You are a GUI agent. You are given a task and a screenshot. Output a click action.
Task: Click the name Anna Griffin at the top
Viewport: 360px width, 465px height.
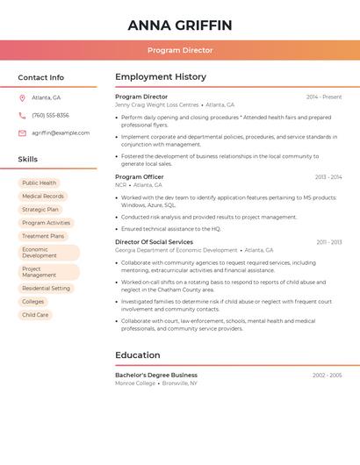(180, 25)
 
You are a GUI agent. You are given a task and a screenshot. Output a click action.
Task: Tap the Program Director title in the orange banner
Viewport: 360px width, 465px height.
(180, 50)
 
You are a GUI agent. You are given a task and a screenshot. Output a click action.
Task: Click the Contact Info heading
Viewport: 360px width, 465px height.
(40, 77)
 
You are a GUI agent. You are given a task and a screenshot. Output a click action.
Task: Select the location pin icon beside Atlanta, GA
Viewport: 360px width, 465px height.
(22, 98)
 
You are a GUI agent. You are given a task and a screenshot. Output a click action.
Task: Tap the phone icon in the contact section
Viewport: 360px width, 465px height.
(22, 116)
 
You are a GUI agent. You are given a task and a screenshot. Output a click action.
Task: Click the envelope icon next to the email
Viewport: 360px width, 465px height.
(22, 133)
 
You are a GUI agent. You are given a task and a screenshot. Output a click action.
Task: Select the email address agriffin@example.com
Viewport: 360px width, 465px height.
(61, 133)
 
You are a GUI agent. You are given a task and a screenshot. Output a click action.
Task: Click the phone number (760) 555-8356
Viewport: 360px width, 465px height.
(50, 116)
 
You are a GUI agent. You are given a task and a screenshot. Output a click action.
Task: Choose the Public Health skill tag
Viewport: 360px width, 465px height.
(40, 183)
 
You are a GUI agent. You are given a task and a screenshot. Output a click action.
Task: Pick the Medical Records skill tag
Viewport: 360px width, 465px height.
(43, 197)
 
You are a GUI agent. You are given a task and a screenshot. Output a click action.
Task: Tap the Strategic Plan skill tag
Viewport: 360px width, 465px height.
(40, 210)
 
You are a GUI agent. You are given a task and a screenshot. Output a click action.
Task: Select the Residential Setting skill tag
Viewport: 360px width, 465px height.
(46, 288)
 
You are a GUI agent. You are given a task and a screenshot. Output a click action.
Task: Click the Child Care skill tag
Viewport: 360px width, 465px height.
(35, 314)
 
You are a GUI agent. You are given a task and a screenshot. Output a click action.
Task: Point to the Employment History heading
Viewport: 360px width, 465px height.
(161, 77)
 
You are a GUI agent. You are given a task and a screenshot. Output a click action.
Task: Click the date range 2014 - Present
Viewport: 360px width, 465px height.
(324, 97)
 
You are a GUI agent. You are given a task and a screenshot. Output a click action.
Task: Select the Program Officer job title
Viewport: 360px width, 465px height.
(140, 177)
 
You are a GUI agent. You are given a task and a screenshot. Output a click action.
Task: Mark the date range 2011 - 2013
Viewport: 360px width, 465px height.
(329, 242)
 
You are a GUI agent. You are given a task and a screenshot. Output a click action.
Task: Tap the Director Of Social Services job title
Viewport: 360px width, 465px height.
(154, 242)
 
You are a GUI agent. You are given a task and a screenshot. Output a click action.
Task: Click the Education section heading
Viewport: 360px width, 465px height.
(138, 355)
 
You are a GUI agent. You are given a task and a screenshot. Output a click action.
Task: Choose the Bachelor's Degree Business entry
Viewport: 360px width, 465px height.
(156, 376)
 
